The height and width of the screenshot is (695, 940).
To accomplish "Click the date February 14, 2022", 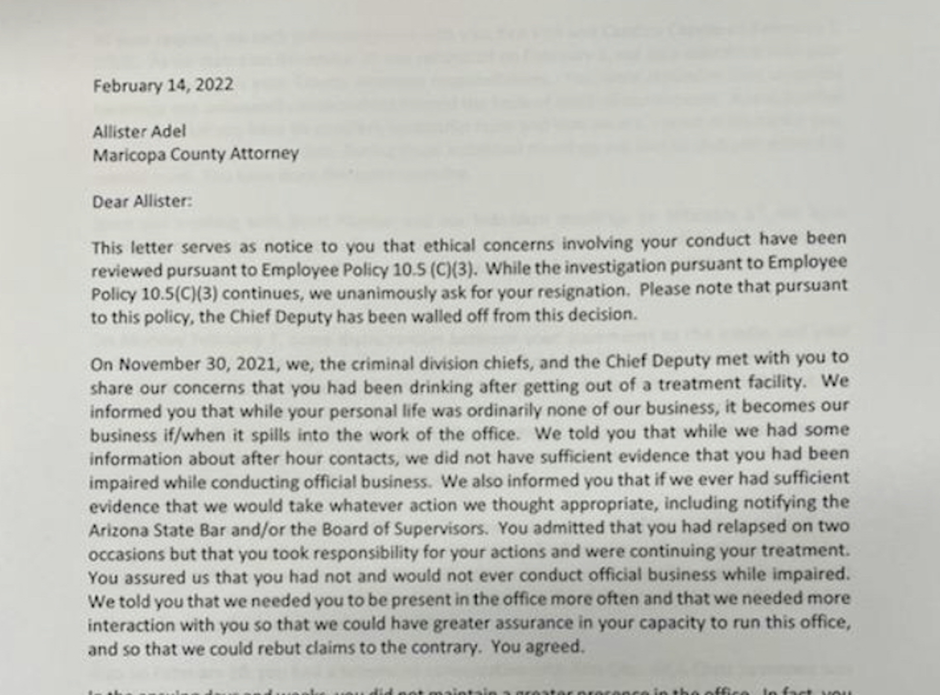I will pos(163,85).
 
